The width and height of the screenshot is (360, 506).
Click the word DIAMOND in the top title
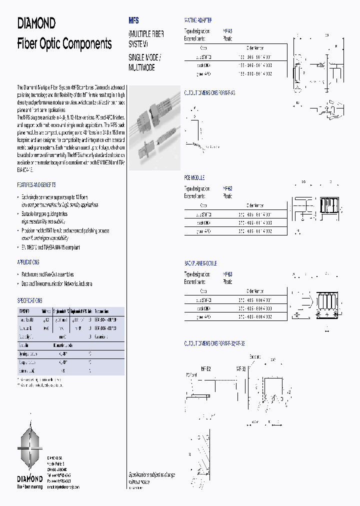(x=36, y=23)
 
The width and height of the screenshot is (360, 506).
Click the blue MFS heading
(x=133, y=21)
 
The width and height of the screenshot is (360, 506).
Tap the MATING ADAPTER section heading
(x=198, y=20)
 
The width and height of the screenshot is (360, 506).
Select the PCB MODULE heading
(x=194, y=178)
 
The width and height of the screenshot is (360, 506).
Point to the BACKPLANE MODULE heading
(x=201, y=263)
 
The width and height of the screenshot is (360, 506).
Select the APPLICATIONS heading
(x=28, y=262)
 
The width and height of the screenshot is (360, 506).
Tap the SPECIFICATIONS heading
(x=30, y=300)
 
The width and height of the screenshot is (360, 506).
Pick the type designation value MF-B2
(x=227, y=189)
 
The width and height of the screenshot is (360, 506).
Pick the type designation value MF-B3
(x=227, y=274)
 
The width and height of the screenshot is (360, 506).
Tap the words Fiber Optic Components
(x=64, y=44)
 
